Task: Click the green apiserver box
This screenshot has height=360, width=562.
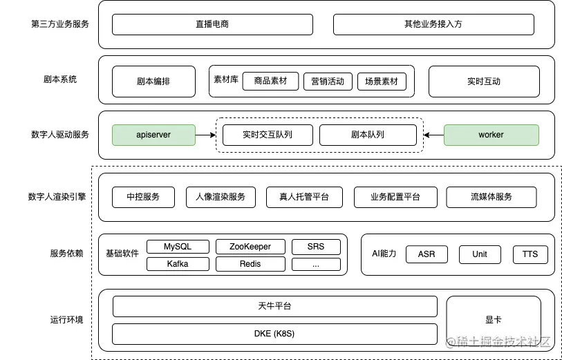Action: (153, 135)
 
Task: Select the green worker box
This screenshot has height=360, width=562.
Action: (491, 135)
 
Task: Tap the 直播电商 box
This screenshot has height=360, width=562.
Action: (212, 24)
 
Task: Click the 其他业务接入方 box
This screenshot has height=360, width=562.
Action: (433, 24)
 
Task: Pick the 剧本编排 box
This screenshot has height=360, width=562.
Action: (153, 82)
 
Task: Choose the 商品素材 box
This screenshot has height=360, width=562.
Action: (270, 82)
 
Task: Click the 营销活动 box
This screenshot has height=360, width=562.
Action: (328, 82)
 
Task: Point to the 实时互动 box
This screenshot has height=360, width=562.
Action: (484, 82)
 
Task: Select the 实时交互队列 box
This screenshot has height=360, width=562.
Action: (268, 135)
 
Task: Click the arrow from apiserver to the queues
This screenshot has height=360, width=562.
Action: (205, 135)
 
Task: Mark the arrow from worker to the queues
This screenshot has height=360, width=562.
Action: (433, 135)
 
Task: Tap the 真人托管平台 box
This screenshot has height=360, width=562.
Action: (304, 197)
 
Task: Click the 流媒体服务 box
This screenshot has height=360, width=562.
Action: (491, 197)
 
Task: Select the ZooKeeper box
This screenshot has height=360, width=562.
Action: (250, 247)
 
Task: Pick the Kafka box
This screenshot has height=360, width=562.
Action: (178, 264)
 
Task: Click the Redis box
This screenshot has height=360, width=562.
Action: (250, 264)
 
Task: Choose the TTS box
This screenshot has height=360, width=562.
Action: (530, 254)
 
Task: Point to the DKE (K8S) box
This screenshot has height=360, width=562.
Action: (274, 334)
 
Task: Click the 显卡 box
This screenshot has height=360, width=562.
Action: (494, 320)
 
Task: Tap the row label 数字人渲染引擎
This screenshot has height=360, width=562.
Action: (59, 197)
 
